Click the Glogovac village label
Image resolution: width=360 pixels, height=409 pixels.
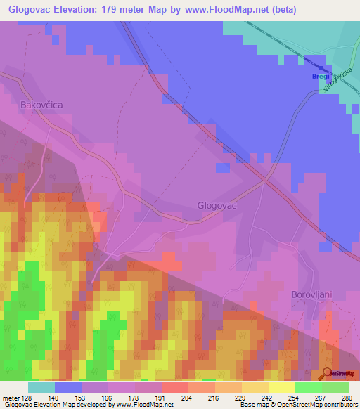click(216, 206)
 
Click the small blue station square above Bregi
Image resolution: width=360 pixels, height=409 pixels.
click(321, 68)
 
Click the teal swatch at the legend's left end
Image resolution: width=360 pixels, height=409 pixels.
click(41, 387)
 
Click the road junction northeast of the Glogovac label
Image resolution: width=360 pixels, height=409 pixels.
click(264, 181)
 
